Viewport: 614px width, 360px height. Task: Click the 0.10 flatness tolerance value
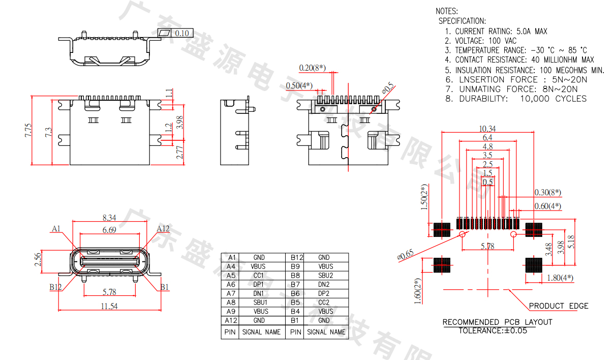click(x=181, y=34)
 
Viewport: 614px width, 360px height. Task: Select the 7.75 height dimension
click(x=28, y=130)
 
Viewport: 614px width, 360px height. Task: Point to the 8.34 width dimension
click(x=109, y=218)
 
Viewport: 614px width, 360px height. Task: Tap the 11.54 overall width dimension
click(x=109, y=306)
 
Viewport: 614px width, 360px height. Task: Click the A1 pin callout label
click(x=56, y=229)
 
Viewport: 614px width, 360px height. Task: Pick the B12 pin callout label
click(x=55, y=287)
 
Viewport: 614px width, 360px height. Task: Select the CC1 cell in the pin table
click(x=259, y=276)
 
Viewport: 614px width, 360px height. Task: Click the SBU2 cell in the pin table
click(x=325, y=276)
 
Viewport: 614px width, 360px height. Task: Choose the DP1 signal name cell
click(x=259, y=285)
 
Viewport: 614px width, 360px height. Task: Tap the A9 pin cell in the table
click(x=231, y=312)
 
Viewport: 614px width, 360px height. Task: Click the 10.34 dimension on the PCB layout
click(x=487, y=129)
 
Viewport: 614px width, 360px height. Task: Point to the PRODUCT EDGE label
click(x=559, y=306)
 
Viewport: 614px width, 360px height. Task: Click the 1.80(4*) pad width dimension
click(x=559, y=278)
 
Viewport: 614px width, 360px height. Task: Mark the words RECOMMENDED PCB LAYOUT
click(x=497, y=322)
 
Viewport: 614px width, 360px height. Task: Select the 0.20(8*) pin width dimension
click(x=312, y=68)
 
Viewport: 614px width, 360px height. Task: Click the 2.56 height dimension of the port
click(x=38, y=259)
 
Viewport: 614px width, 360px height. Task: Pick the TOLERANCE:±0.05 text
click(x=493, y=331)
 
